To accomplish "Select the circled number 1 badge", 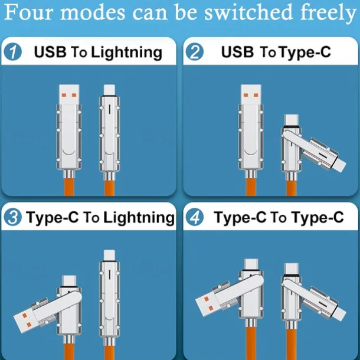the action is pyautogui.click(x=12, y=52).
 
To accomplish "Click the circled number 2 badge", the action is pyautogui.click(x=195, y=52).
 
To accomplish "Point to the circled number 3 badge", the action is pyautogui.click(x=12, y=217).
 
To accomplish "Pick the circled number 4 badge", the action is pyautogui.click(x=195, y=217).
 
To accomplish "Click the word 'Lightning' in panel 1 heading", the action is pyautogui.click(x=126, y=53).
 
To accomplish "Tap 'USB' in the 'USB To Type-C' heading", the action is pyautogui.click(x=237, y=52).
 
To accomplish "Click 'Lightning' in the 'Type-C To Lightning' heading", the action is pyautogui.click(x=139, y=218).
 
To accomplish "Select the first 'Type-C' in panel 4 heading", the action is pyautogui.click(x=240, y=218).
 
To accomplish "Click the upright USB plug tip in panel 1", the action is pyautogui.click(x=69, y=94).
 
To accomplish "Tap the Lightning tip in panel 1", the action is pyautogui.click(x=109, y=90).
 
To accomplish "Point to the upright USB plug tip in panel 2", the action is pyautogui.click(x=251, y=94).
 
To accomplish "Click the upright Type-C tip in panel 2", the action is pyautogui.click(x=292, y=120).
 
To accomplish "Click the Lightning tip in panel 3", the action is pyautogui.click(x=109, y=256).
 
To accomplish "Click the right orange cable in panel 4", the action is pyautogui.click(x=292, y=345).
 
